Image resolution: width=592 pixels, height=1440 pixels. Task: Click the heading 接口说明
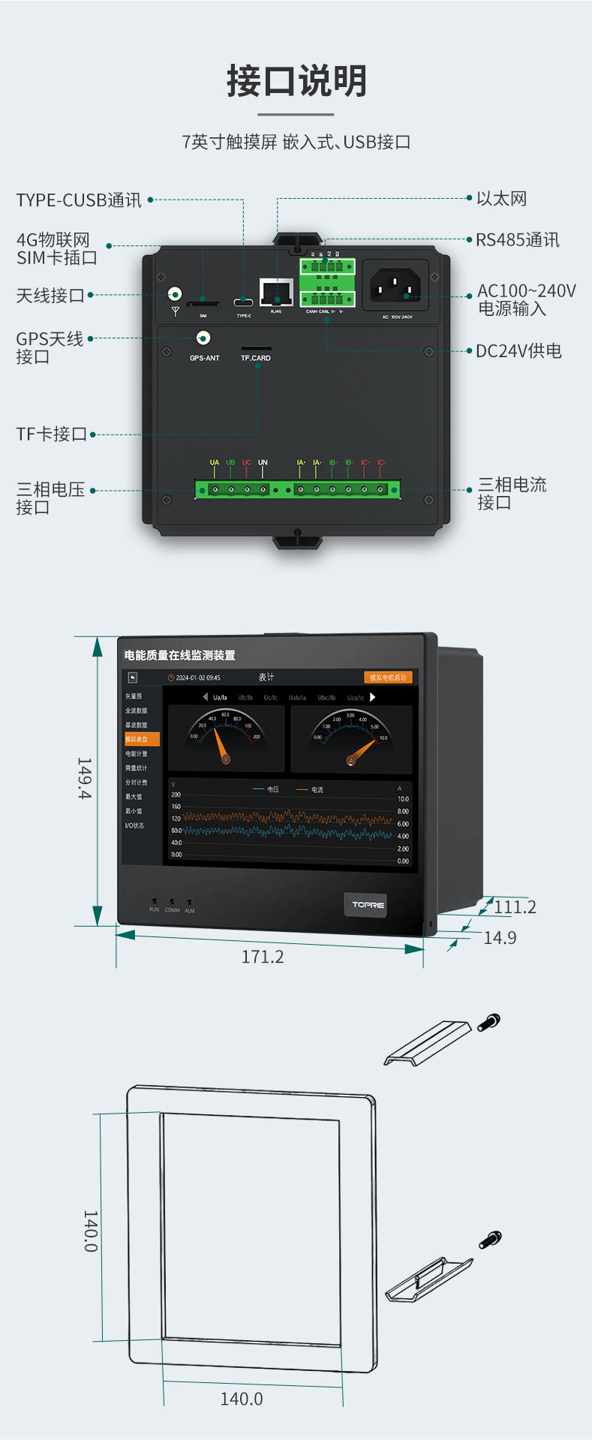coord(296,81)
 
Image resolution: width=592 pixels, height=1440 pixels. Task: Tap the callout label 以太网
coord(501,199)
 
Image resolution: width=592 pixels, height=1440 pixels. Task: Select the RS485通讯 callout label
coord(517,240)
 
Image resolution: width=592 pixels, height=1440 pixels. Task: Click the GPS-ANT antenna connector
coord(203,338)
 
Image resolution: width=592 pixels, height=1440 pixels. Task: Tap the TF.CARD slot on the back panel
coord(256,349)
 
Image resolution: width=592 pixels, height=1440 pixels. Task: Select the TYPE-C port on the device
coord(243,302)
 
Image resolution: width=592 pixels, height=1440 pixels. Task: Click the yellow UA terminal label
coord(215,463)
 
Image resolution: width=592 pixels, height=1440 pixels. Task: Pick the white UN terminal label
coord(263,463)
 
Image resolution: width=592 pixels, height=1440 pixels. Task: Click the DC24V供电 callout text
coord(518,351)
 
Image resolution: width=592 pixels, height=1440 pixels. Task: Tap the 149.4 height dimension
coord(84,778)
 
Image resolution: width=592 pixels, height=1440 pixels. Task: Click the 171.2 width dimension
coord(263,957)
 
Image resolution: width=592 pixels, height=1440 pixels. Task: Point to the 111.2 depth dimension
coord(515,907)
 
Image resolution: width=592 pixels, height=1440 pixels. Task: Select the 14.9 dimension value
coord(500,938)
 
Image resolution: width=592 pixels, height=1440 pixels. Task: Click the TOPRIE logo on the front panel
coord(368,905)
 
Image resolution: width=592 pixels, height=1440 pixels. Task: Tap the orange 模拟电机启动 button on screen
coord(388,678)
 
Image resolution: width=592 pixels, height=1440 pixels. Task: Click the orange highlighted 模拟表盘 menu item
coord(141,739)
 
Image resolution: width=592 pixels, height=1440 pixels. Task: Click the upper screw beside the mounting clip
coord(489,1022)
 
